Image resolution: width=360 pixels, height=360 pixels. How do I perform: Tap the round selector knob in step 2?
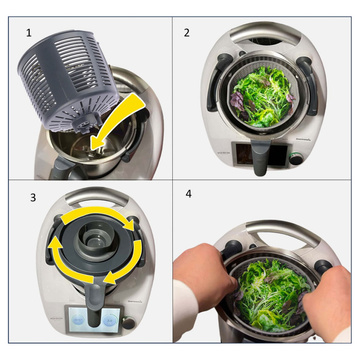295,158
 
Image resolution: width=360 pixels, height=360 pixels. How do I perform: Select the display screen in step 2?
247,156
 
